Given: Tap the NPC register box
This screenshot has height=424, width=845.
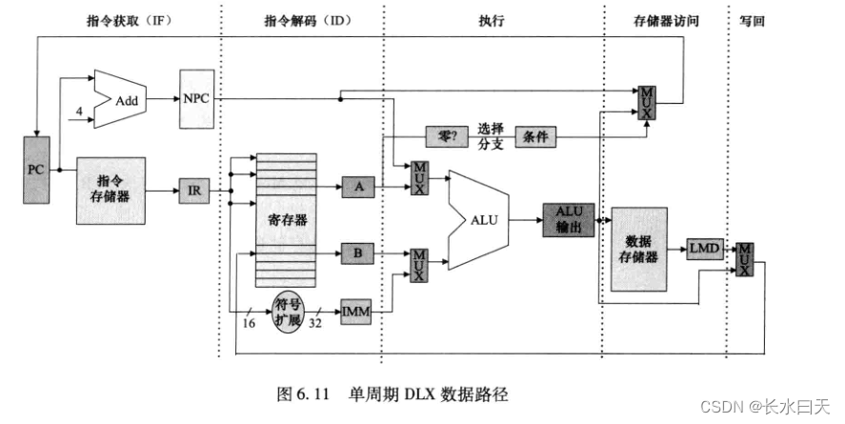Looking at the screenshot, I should [x=197, y=98].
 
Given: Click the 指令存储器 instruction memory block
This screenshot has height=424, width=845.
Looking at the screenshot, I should [x=111, y=191].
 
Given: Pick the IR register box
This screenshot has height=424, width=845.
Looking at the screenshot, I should [x=193, y=192].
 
